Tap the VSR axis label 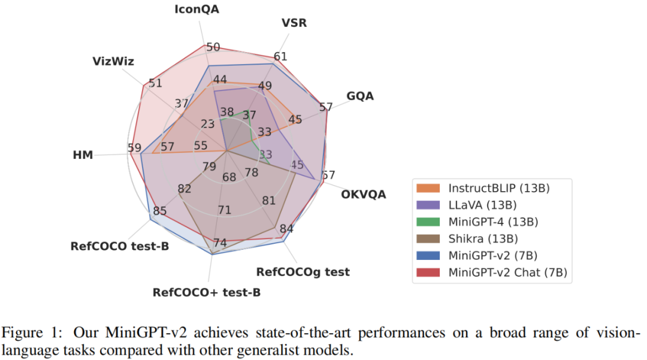point(294,23)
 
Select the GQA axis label point(360,96)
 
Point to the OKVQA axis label point(364,194)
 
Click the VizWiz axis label point(113,61)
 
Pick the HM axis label point(83,155)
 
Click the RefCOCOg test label point(303,272)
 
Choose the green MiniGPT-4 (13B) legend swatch point(429,222)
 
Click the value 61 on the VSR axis point(280,57)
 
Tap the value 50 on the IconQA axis point(213,47)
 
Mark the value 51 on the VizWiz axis point(155,83)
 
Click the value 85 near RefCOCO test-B point(160,211)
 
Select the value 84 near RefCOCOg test point(286,228)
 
